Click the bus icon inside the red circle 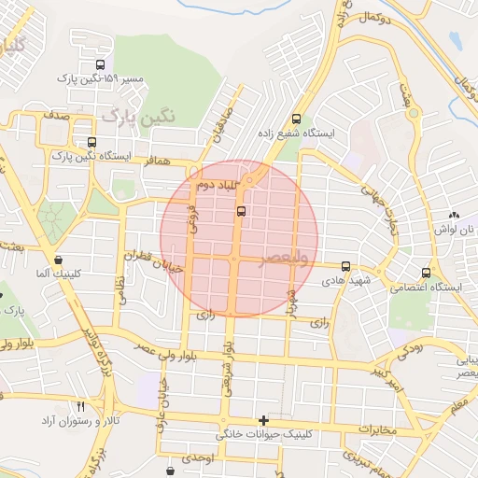[x=242, y=212]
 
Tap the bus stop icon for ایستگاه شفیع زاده [x=297, y=119]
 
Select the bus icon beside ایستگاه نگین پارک [x=91, y=143]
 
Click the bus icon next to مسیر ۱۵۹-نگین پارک [x=100, y=64]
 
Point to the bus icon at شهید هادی [x=346, y=266]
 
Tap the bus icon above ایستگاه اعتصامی [x=426, y=274]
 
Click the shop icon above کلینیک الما [x=59, y=260]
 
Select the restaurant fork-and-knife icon [x=79, y=407]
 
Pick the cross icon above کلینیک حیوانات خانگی [x=264, y=420]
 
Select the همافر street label [x=159, y=161]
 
